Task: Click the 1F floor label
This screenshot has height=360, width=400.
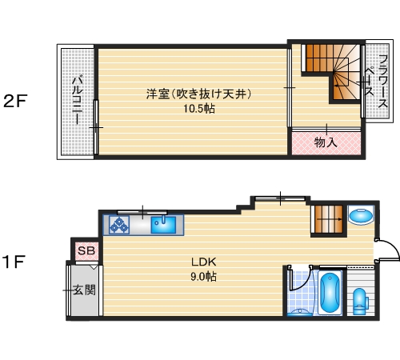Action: tap(16, 262)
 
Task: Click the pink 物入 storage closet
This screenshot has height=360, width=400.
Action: tap(325, 142)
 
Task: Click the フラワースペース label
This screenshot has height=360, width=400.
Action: tap(376, 80)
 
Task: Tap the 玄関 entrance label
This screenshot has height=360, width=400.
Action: tap(84, 290)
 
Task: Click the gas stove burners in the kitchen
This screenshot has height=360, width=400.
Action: tap(120, 226)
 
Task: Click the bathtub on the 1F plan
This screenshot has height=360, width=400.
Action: tap(330, 294)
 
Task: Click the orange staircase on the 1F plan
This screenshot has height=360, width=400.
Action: tap(326, 218)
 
